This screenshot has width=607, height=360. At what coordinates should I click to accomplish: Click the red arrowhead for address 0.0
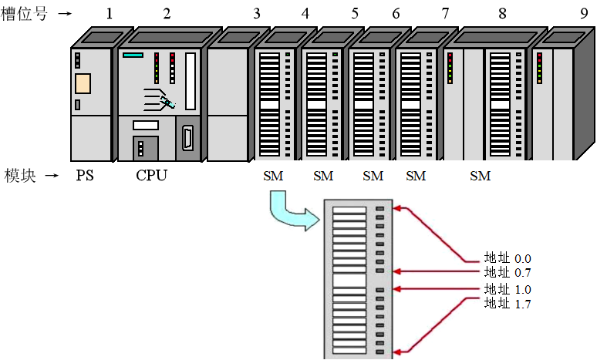pyautogui.click(x=396, y=208)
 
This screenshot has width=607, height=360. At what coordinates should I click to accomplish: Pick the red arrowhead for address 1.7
pyautogui.click(x=396, y=352)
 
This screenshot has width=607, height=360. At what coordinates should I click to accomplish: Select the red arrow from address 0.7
pyautogui.click(x=436, y=271)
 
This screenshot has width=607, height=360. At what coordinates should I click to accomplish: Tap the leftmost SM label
pyautogui.click(x=273, y=177)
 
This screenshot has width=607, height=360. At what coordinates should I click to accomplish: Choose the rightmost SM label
pyautogui.click(x=481, y=177)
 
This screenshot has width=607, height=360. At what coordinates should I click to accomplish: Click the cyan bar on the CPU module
pyautogui.click(x=133, y=56)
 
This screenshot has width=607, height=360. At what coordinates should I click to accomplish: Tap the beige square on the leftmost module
pyautogui.click(x=83, y=83)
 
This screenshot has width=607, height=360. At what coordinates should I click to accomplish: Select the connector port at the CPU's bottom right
pyautogui.click(x=187, y=140)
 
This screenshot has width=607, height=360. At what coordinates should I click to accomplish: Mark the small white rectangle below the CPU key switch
pyautogui.click(x=145, y=125)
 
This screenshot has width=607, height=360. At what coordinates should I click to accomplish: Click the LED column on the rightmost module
pyautogui.click(x=539, y=68)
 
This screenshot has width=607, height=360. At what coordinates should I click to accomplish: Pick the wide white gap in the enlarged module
pyautogui.click(x=349, y=280)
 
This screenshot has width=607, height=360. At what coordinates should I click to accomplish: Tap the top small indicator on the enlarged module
pyautogui.click(x=379, y=208)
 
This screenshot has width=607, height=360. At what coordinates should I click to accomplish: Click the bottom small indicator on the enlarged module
pyautogui.click(x=379, y=352)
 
